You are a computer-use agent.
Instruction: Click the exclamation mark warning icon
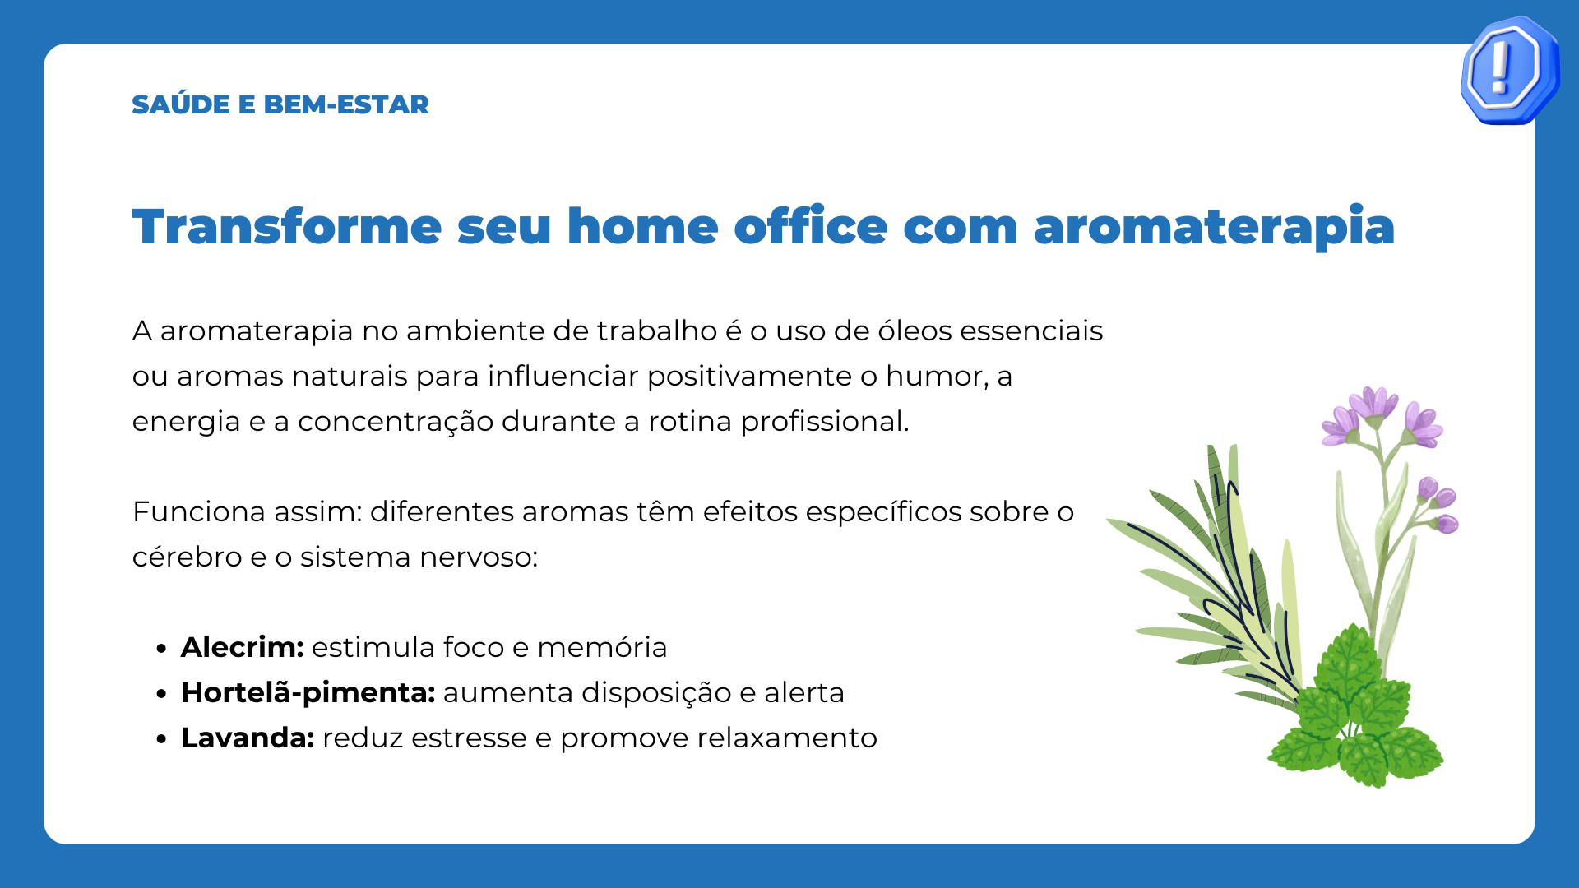pos(1510,70)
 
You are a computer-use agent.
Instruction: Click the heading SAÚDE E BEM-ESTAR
pos(280,104)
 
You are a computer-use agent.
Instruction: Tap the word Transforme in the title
pos(287,226)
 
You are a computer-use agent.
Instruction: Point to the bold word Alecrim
pos(243,647)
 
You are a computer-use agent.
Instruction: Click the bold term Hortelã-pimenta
pos(308,692)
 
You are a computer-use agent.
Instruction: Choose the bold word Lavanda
pos(248,738)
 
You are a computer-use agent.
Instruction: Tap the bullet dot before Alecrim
pos(161,649)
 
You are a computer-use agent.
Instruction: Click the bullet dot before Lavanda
pos(161,739)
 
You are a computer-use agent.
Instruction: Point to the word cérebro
pos(188,557)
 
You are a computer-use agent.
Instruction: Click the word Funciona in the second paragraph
pos(199,511)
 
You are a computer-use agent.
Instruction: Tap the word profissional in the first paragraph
pos(825,421)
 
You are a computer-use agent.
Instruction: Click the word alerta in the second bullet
pos(804,692)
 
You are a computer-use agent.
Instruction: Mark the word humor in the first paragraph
pos(937,377)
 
